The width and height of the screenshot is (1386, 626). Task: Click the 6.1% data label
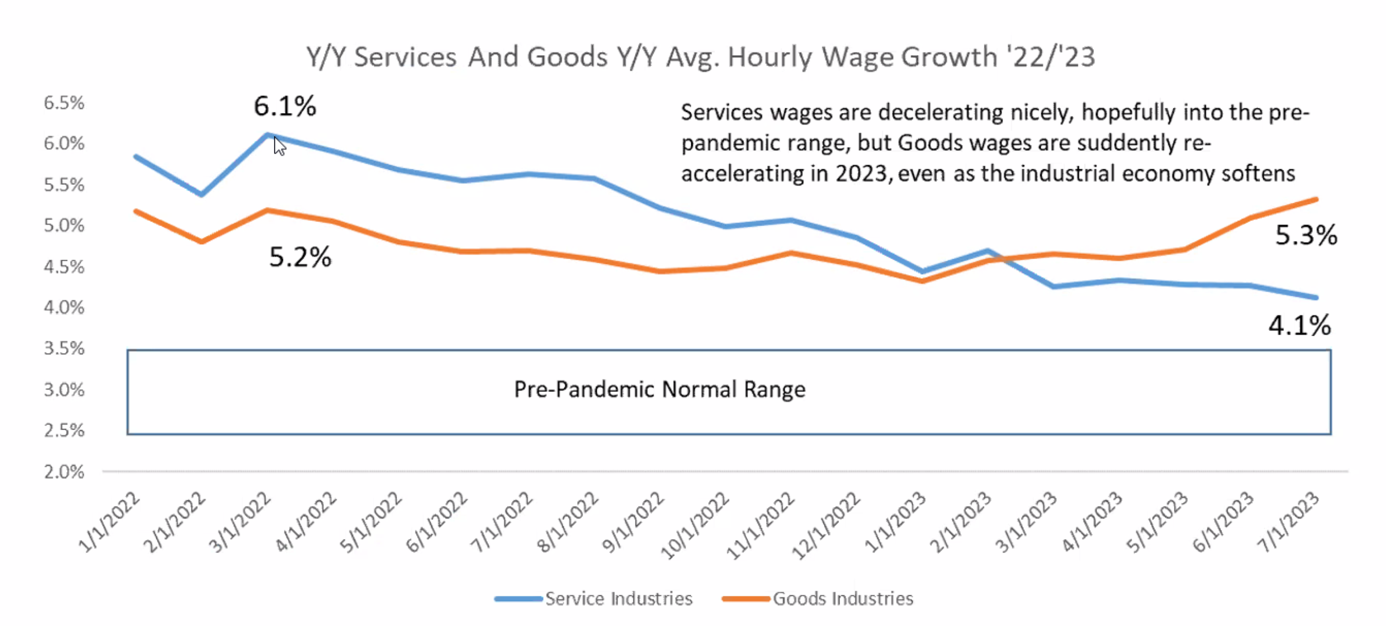[x=285, y=106]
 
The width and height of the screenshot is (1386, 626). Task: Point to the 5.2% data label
[x=300, y=257]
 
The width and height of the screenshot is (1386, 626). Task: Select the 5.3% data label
[x=1306, y=235]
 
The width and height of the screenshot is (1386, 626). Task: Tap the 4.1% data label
[x=1300, y=325]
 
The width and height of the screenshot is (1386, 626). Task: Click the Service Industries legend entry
[x=618, y=598]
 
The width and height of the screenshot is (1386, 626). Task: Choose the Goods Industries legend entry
[x=842, y=598]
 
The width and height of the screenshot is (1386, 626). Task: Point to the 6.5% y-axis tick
[x=64, y=103]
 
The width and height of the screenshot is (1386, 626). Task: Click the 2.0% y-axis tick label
[x=64, y=472]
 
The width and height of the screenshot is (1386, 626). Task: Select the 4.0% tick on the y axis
[x=64, y=307]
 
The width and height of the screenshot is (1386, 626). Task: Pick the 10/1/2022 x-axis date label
[x=695, y=525]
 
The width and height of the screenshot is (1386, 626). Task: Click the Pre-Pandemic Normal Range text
[x=659, y=390]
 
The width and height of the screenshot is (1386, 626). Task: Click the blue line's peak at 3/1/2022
[x=267, y=134]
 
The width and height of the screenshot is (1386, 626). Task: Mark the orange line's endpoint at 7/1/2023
[x=1316, y=199]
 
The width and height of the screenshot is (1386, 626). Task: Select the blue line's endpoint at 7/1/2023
[x=1316, y=297]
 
